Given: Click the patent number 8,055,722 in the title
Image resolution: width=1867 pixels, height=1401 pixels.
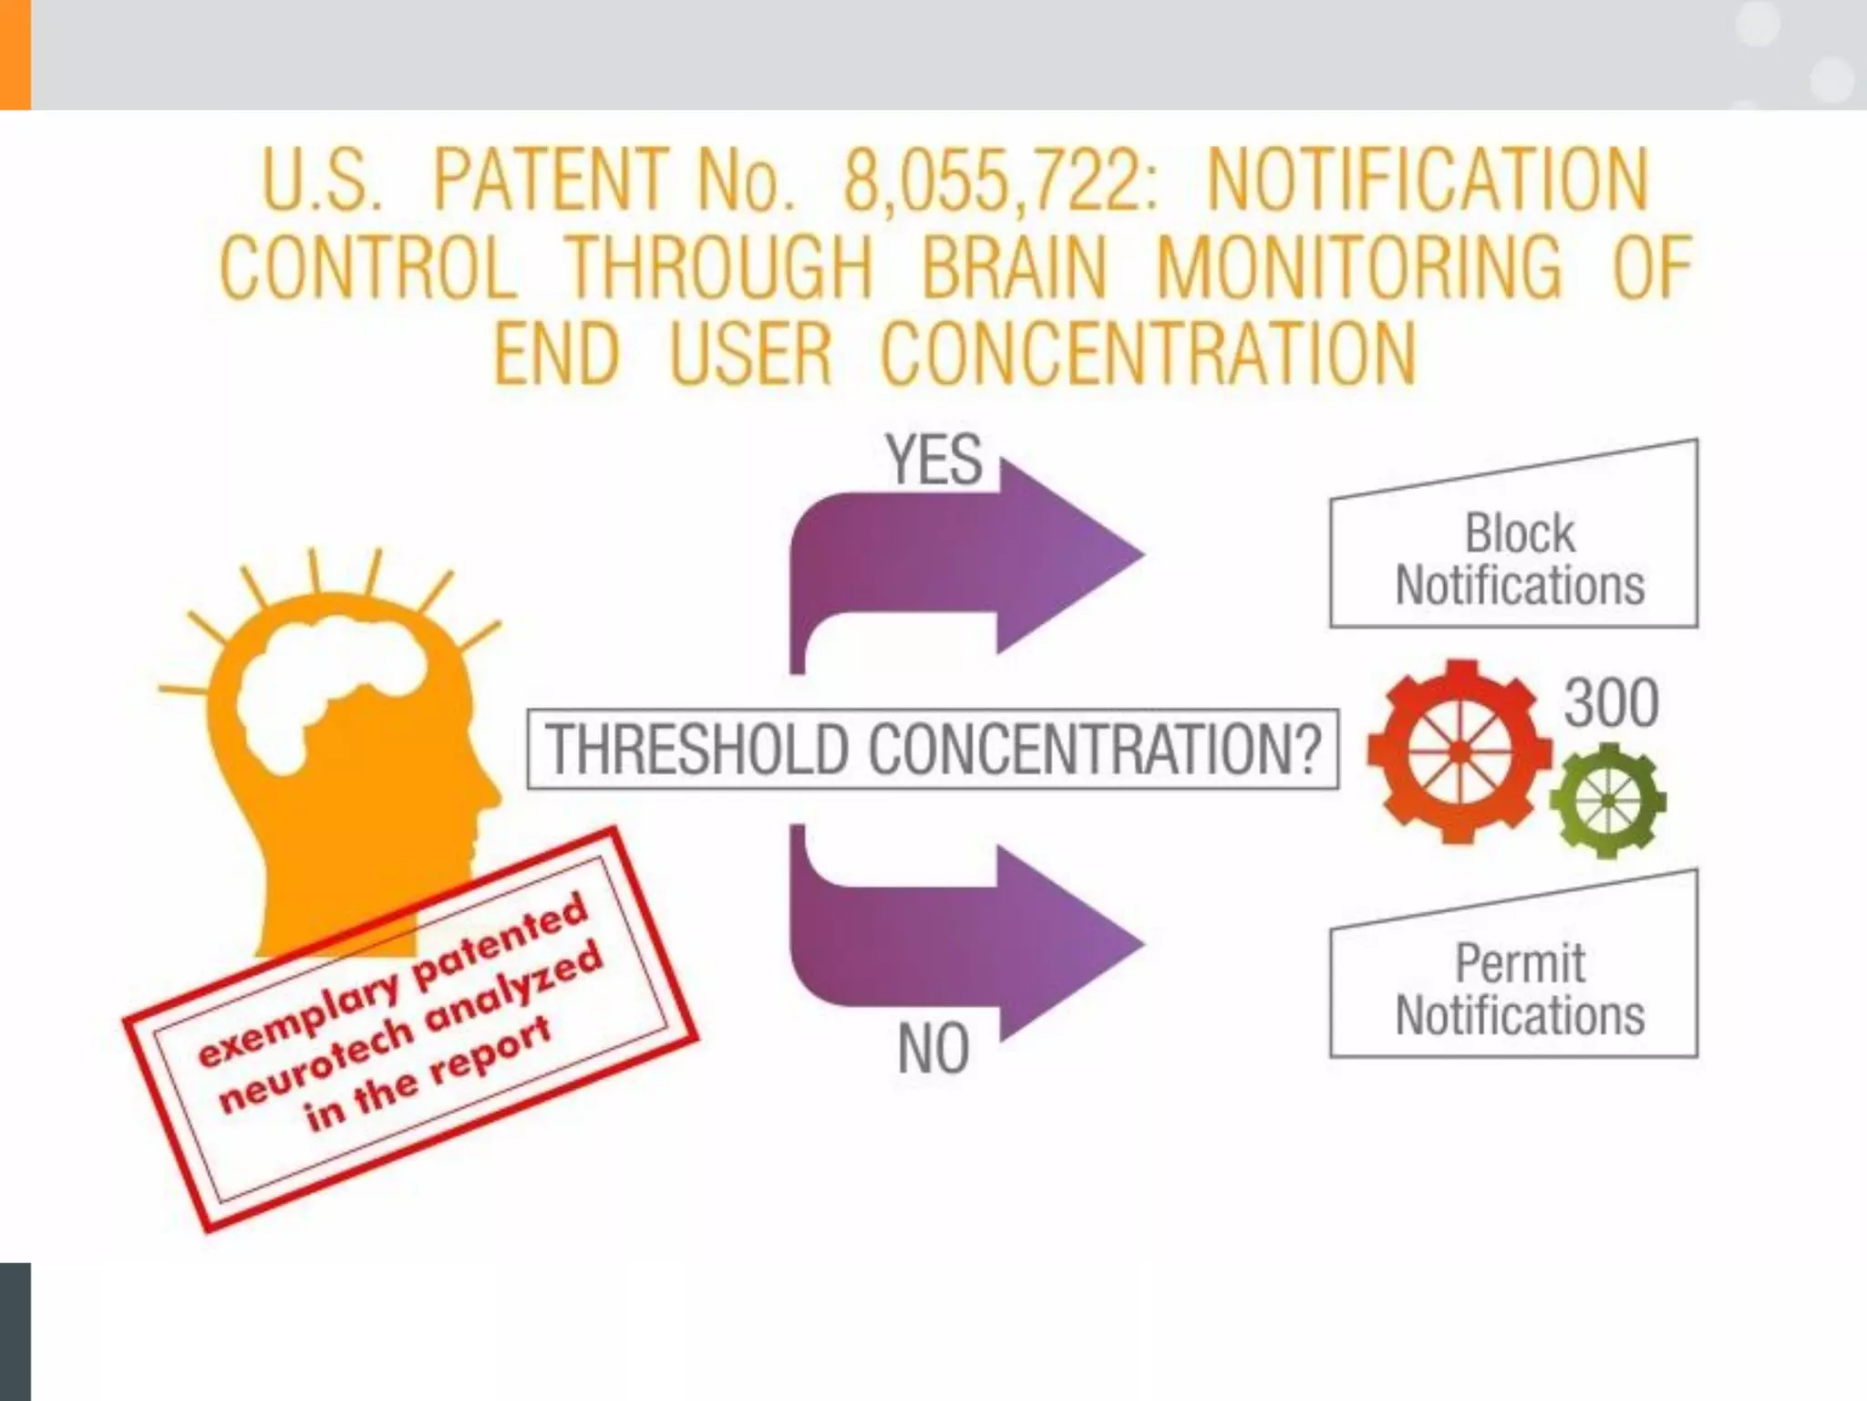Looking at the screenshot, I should (1000, 180).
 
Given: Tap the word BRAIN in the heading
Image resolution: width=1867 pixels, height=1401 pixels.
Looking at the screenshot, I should (1014, 267).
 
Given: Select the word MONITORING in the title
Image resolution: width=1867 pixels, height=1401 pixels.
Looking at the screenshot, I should (1359, 267).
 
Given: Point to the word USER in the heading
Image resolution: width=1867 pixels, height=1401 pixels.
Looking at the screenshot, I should (750, 354).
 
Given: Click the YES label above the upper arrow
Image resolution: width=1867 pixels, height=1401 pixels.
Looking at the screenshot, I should (933, 460).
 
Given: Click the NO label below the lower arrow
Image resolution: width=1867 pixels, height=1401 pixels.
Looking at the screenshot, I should (933, 1049).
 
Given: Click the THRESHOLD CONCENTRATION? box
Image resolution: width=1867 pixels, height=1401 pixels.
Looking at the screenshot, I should (933, 749).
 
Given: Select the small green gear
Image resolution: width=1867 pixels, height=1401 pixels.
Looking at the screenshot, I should (1607, 802).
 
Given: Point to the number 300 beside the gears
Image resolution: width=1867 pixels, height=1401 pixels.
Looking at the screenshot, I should (1611, 703).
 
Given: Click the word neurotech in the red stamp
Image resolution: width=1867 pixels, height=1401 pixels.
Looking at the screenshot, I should (316, 1064).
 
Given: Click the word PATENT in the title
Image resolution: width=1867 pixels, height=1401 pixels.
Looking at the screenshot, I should (549, 180).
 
